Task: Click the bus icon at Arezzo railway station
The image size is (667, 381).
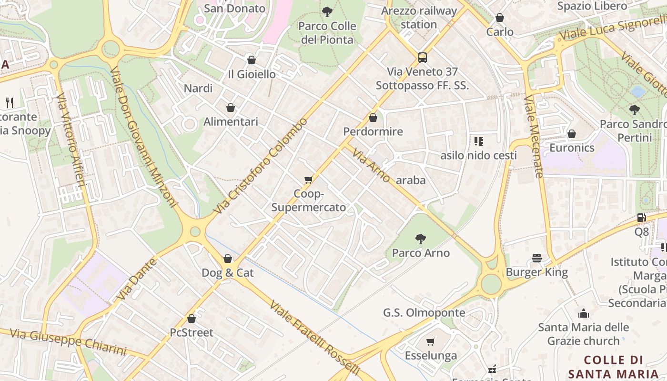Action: pyautogui.click(x=422, y=58)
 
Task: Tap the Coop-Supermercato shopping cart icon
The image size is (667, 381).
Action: pyautogui.click(x=308, y=180)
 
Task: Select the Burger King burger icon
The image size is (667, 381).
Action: pyautogui.click(x=537, y=258)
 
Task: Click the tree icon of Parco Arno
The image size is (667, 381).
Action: pyautogui.click(x=420, y=239)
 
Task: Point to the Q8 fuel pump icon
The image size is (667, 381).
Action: pyautogui.click(x=641, y=218)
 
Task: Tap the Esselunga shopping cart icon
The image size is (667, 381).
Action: pyautogui.click(x=431, y=341)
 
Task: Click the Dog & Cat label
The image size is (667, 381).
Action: pyautogui.click(x=228, y=273)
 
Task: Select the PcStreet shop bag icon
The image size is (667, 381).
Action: pyautogui.click(x=192, y=319)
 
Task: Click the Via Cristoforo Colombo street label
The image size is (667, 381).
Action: pyautogui.click(x=261, y=165)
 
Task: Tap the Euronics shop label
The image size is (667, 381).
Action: pyautogui.click(x=572, y=148)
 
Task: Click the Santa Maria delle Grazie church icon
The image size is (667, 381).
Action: pyautogui.click(x=583, y=313)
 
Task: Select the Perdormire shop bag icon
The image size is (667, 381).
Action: pyautogui.click(x=373, y=118)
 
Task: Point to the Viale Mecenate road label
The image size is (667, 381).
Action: pyautogui.click(x=534, y=136)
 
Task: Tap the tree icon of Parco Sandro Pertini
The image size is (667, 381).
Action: pyautogui.click(x=634, y=110)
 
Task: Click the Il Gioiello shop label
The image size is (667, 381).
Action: pyautogui.click(x=252, y=74)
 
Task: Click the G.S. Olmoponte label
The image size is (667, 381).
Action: pyautogui.click(x=424, y=312)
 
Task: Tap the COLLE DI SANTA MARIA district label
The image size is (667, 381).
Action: pyautogui.click(x=614, y=367)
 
